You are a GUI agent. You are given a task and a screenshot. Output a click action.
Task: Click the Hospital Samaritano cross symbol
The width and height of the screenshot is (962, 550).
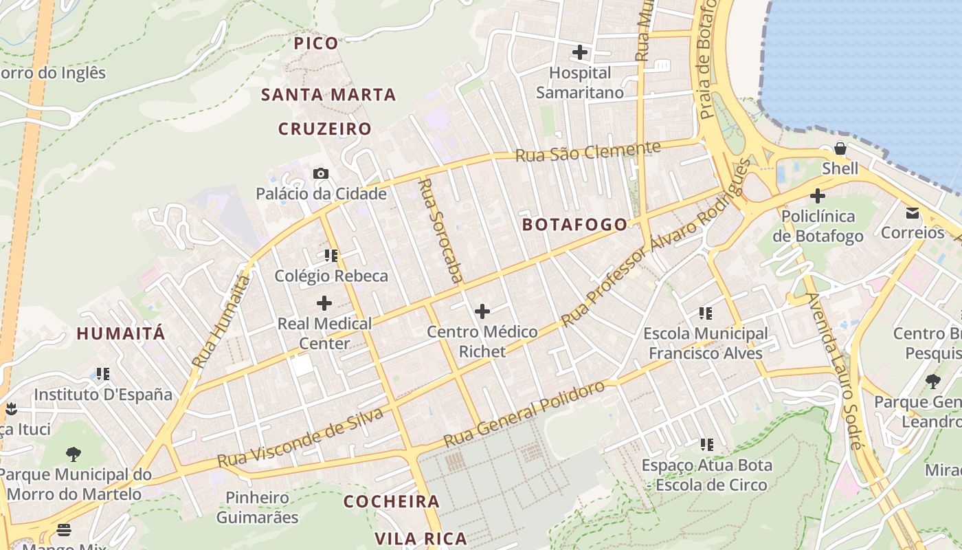point(580,52)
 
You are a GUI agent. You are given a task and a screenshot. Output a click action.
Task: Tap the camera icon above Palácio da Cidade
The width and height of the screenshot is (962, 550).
point(321,173)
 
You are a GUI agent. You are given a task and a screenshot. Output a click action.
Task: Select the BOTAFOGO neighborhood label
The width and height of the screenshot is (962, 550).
point(574,224)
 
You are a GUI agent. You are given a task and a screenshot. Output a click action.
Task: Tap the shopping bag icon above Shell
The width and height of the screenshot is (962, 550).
point(840,148)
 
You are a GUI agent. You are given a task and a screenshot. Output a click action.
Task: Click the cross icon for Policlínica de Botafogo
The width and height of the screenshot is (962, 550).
point(817,196)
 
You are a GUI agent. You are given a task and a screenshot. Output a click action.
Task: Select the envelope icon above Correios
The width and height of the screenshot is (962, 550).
point(913,212)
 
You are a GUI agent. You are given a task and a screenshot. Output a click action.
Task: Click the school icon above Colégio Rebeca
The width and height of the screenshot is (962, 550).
point(331,256)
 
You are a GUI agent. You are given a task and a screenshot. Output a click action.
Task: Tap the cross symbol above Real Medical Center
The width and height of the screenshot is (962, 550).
point(324,302)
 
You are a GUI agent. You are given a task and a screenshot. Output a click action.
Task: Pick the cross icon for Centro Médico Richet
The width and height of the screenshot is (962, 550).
point(482,311)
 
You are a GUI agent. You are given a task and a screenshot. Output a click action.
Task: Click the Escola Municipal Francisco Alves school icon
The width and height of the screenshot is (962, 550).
point(706,313)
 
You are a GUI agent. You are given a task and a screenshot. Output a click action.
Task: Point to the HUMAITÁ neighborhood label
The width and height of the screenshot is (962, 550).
point(121,334)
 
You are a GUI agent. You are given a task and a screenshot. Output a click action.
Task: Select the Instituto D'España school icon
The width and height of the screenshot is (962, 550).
point(103,374)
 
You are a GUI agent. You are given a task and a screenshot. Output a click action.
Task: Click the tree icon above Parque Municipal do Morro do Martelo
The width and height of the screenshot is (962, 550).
point(74,454)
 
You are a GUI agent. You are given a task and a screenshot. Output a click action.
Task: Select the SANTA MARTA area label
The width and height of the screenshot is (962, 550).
point(329,95)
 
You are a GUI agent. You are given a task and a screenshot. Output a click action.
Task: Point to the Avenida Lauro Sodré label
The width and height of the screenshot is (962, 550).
point(834,371)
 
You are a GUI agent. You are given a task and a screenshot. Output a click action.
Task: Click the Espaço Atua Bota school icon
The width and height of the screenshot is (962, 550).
point(706,445)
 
